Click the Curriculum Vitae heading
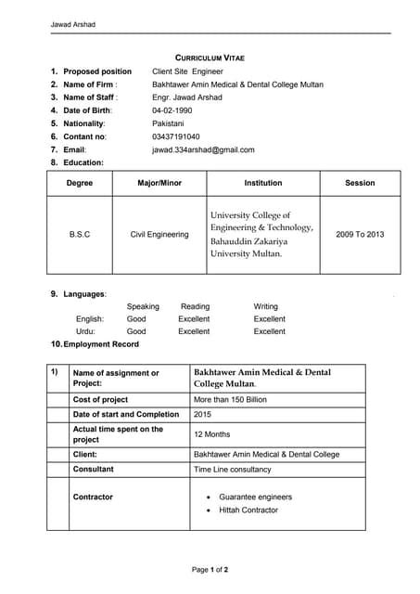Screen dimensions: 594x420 point(210,58)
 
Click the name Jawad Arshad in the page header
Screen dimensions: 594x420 point(72,24)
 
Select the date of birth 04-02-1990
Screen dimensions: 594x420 point(172,110)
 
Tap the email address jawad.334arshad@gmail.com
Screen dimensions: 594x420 point(203,149)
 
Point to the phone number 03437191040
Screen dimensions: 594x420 point(175,136)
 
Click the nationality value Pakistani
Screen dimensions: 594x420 point(168,123)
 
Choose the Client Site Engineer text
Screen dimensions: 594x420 point(187,71)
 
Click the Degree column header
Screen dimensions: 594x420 point(80,183)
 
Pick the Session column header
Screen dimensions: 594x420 point(360,183)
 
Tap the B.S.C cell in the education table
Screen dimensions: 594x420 point(80,235)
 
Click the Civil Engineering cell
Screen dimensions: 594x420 point(159,235)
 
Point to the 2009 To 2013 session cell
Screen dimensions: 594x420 point(360,235)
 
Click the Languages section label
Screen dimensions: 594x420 point(84,294)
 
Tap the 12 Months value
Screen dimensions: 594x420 point(211,434)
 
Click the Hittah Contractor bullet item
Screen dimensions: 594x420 point(248,510)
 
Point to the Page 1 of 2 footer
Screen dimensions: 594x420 point(210,569)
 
